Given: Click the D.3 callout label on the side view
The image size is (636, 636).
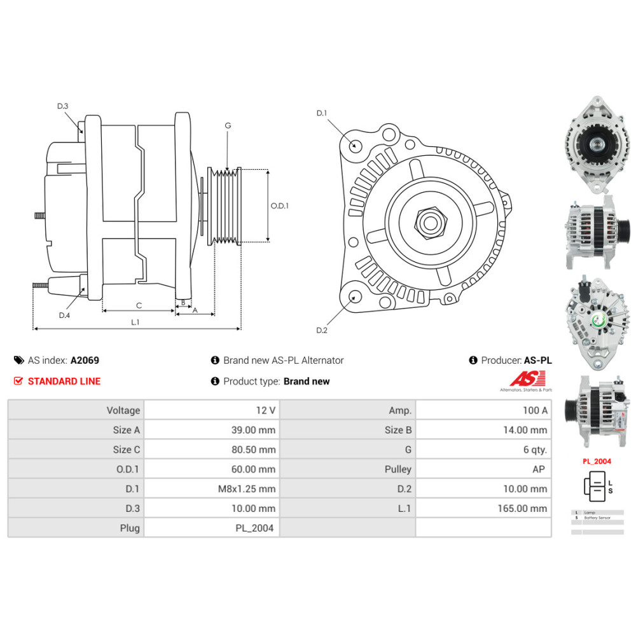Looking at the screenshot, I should [62, 106].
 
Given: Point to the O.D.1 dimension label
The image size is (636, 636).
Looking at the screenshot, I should [280, 205].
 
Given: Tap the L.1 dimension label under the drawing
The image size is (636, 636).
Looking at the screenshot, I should [135, 322].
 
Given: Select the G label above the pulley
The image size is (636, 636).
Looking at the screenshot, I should [228, 126].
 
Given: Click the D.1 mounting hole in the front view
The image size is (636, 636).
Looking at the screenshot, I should [356, 146].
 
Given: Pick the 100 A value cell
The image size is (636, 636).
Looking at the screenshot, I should [483, 410].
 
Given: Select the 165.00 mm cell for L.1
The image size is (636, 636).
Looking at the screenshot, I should [483, 508].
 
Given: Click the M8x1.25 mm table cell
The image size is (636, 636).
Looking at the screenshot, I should [212, 488].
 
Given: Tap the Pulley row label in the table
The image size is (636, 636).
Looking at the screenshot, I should [347, 469].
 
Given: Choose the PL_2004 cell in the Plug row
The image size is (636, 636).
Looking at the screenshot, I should [212, 528].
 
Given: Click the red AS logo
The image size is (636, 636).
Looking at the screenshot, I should [522, 379].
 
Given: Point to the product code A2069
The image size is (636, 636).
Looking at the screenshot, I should [85, 360].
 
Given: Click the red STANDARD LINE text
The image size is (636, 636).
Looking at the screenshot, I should [64, 381].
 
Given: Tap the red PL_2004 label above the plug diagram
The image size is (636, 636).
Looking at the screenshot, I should [597, 461].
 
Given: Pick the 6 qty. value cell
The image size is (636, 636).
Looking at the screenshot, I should [483, 450].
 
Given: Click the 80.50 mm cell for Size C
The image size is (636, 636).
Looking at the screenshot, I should [212, 450].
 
